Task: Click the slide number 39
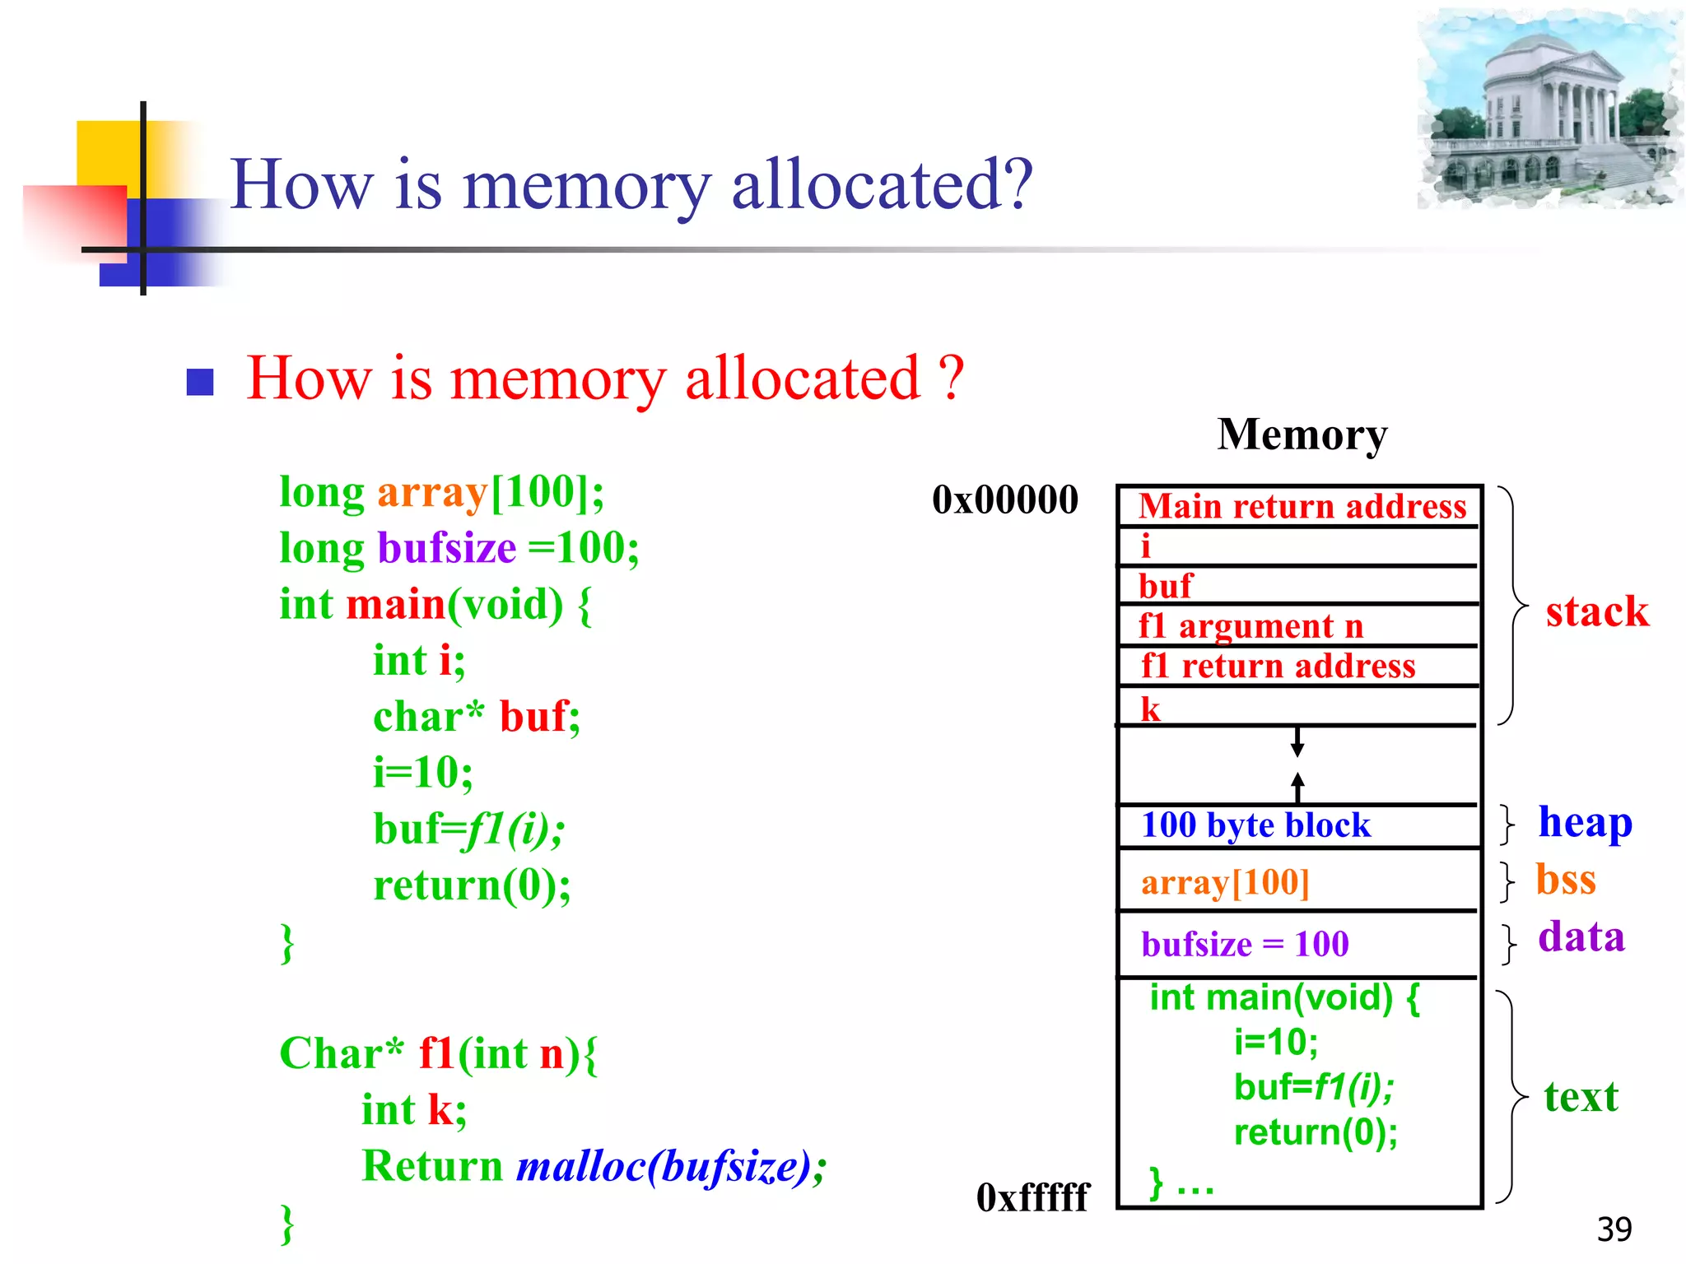coord(1614,1229)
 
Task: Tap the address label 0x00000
coord(1004,500)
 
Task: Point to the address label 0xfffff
coord(1032,1197)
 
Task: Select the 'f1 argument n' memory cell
coord(1299,626)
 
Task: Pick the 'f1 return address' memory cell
coord(1299,666)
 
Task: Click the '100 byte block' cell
coord(1299,825)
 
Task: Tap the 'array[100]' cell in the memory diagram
coord(1299,881)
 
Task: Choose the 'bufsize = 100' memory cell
coord(1299,944)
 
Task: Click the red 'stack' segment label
coord(1596,611)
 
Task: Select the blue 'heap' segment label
coord(1585,822)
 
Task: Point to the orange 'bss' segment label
coord(1566,880)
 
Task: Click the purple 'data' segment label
coord(1581,937)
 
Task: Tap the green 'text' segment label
coord(1581,1097)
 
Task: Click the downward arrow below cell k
coord(1297,742)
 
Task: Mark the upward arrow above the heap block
coord(1297,787)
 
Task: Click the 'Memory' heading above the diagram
coord(1302,434)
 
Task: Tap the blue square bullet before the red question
coord(200,382)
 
